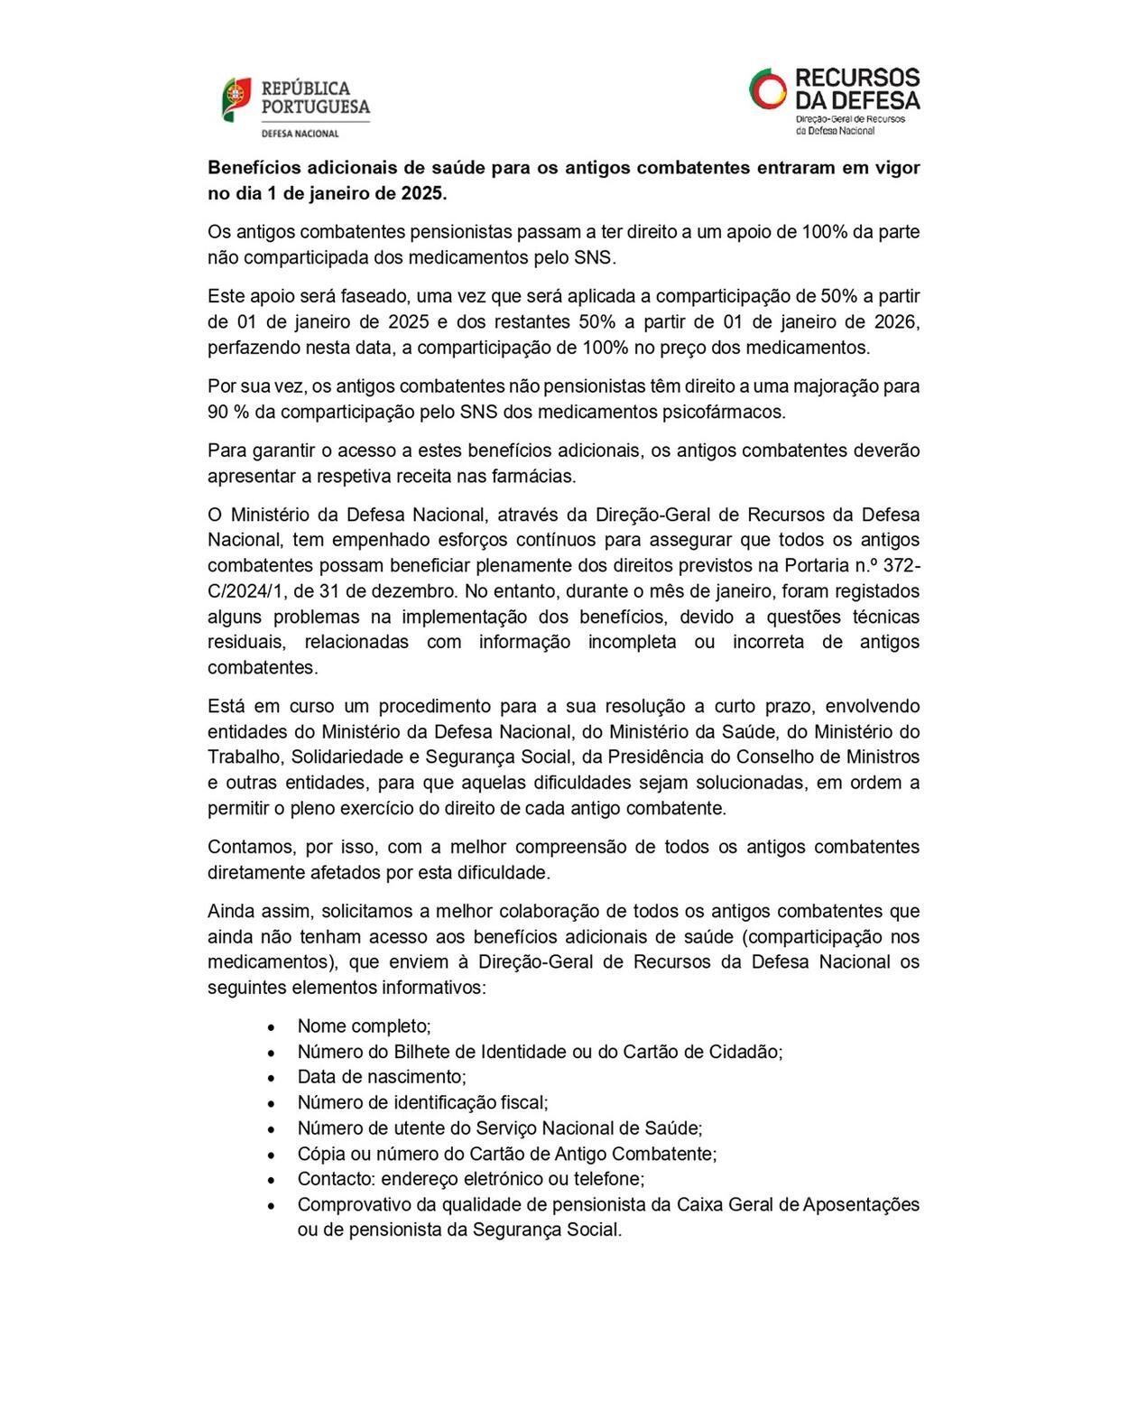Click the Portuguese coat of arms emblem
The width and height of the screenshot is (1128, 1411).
(x=236, y=98)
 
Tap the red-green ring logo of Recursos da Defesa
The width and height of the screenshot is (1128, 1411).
(x=768, y=88)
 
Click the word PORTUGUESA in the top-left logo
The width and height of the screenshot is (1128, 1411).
(x=315, y=107)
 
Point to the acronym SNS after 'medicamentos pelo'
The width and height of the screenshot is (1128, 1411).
(x=593, y=257)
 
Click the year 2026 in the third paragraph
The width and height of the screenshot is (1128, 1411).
(x=897, y=321)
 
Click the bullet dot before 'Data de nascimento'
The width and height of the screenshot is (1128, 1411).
(x=271, y=1078)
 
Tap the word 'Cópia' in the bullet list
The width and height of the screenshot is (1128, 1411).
(x=320, y=1154)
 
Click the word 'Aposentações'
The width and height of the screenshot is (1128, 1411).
(x=861, y=1204)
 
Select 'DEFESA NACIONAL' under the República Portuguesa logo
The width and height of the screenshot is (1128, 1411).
(x=300, y=134)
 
